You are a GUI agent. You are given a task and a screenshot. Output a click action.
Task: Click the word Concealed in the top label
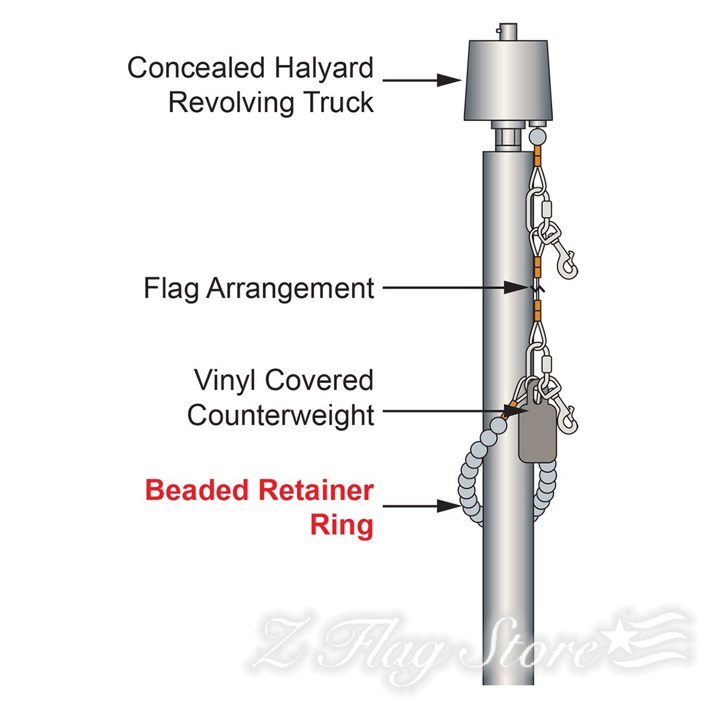pos(196,68)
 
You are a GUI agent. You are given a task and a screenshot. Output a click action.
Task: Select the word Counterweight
pos(281,415)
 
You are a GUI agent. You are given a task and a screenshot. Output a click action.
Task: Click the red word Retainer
pos(316,490)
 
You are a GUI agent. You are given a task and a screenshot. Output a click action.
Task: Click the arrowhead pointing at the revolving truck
pos(449,80)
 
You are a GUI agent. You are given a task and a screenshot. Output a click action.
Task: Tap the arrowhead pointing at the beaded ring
pos(449,506)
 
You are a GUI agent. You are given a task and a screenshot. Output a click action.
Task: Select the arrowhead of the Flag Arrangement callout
pos(516,288)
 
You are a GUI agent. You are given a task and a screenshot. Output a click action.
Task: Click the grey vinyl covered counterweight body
pos(538,433)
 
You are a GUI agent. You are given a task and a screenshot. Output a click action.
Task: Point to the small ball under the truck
pos(538,137)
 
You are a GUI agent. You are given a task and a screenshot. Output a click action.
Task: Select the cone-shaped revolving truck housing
pos(508,80)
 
